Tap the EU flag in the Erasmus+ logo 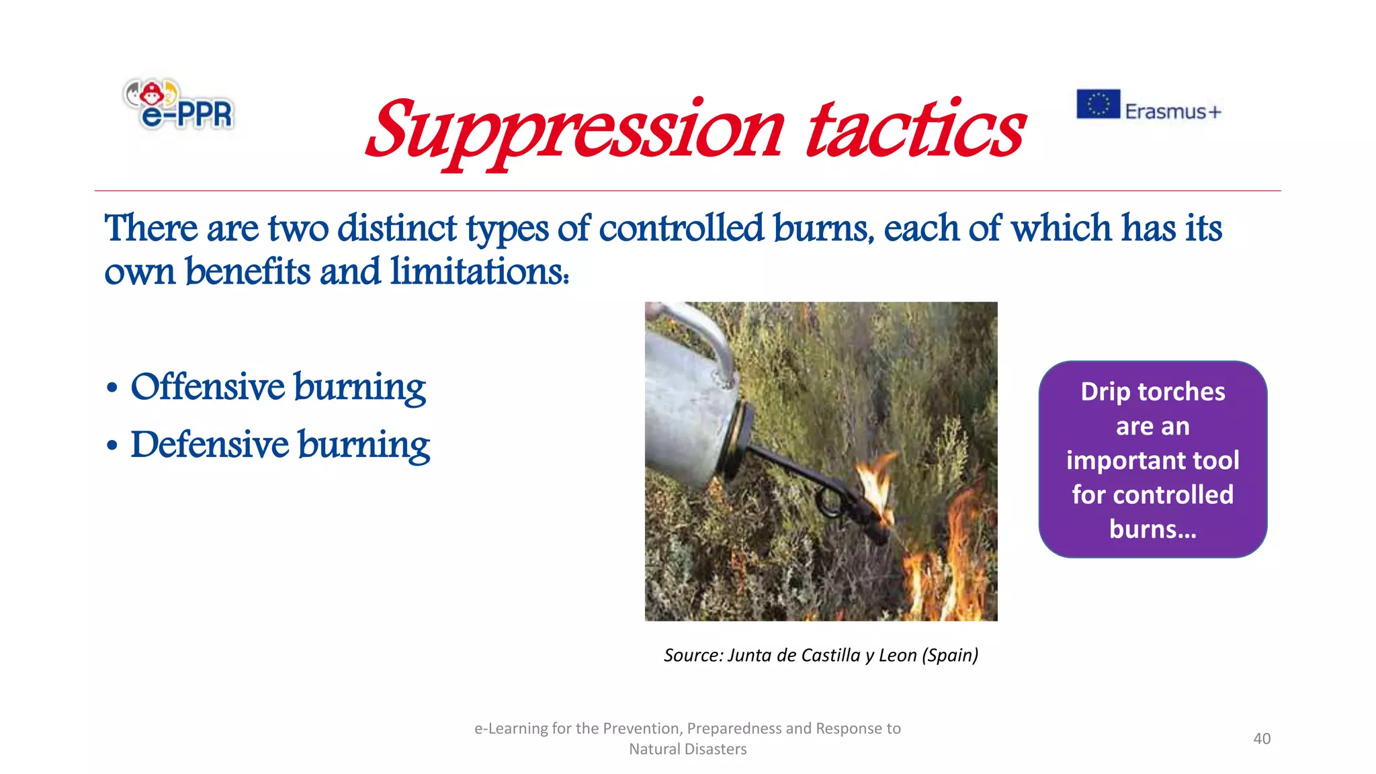pos(1098,104)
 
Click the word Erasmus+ pos(1172,111)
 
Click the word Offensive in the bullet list pos(208,387)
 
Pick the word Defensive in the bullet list pos(210,445)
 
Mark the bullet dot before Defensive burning pos(112,445)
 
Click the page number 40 pos(1262,738)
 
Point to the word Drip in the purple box pos(1105,392)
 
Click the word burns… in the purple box pos(1153,529)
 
